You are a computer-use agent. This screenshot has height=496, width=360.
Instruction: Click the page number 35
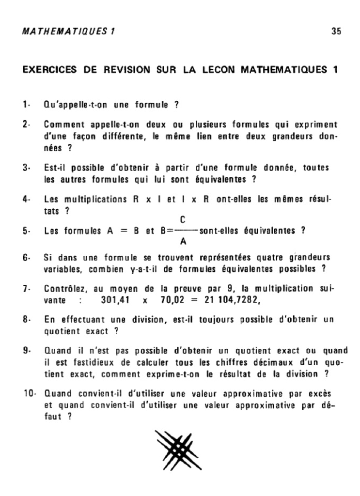336,31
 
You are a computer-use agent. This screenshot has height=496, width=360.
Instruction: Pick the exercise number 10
29,392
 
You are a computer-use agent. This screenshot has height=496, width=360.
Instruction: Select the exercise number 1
26,104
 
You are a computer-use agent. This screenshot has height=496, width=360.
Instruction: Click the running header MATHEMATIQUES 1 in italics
68,31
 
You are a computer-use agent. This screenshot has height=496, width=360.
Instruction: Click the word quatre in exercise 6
271,257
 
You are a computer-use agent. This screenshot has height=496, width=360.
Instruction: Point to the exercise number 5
26,231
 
